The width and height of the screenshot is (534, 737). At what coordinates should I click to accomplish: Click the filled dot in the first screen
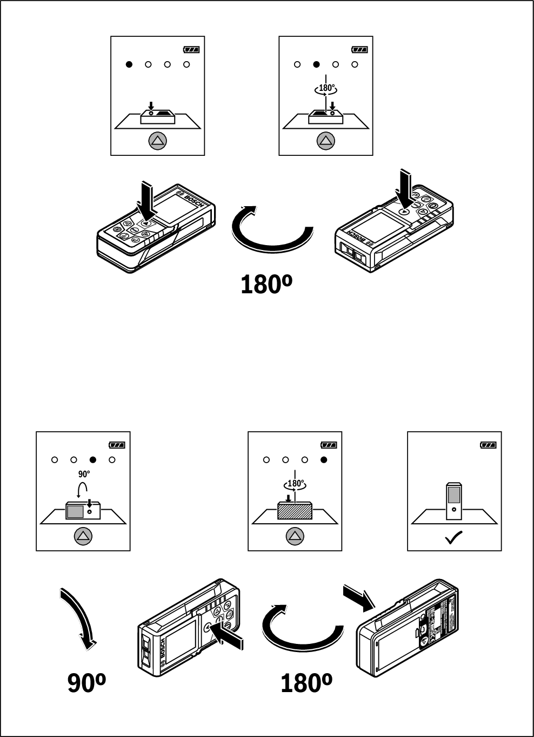(129, 64)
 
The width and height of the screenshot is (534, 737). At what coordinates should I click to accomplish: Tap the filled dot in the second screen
(316, 64)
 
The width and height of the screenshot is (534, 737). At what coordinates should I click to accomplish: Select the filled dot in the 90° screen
(93, 460)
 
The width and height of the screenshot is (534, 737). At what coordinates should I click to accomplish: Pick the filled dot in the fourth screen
(324, 460)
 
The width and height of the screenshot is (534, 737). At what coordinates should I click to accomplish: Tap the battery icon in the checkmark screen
(488, 445)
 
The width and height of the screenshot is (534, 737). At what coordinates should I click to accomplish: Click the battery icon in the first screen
(191, 50)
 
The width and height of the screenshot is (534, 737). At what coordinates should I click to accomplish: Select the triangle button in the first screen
(157, 141)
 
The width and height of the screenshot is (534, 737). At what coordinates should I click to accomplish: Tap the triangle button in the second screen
(326, 141)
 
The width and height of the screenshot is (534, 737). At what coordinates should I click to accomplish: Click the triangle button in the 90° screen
(83, 536)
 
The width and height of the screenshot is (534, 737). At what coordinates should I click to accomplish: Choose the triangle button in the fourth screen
(295, 536)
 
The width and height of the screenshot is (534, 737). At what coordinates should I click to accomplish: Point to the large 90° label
(86, 683)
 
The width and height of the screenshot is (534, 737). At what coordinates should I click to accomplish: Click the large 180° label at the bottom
(306, 683)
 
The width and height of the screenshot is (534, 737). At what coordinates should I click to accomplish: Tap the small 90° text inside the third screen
(84, 474)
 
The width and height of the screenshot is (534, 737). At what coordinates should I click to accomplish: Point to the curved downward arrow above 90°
(78, 617)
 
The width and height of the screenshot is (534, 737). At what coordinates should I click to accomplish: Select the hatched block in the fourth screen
(295, 511)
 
